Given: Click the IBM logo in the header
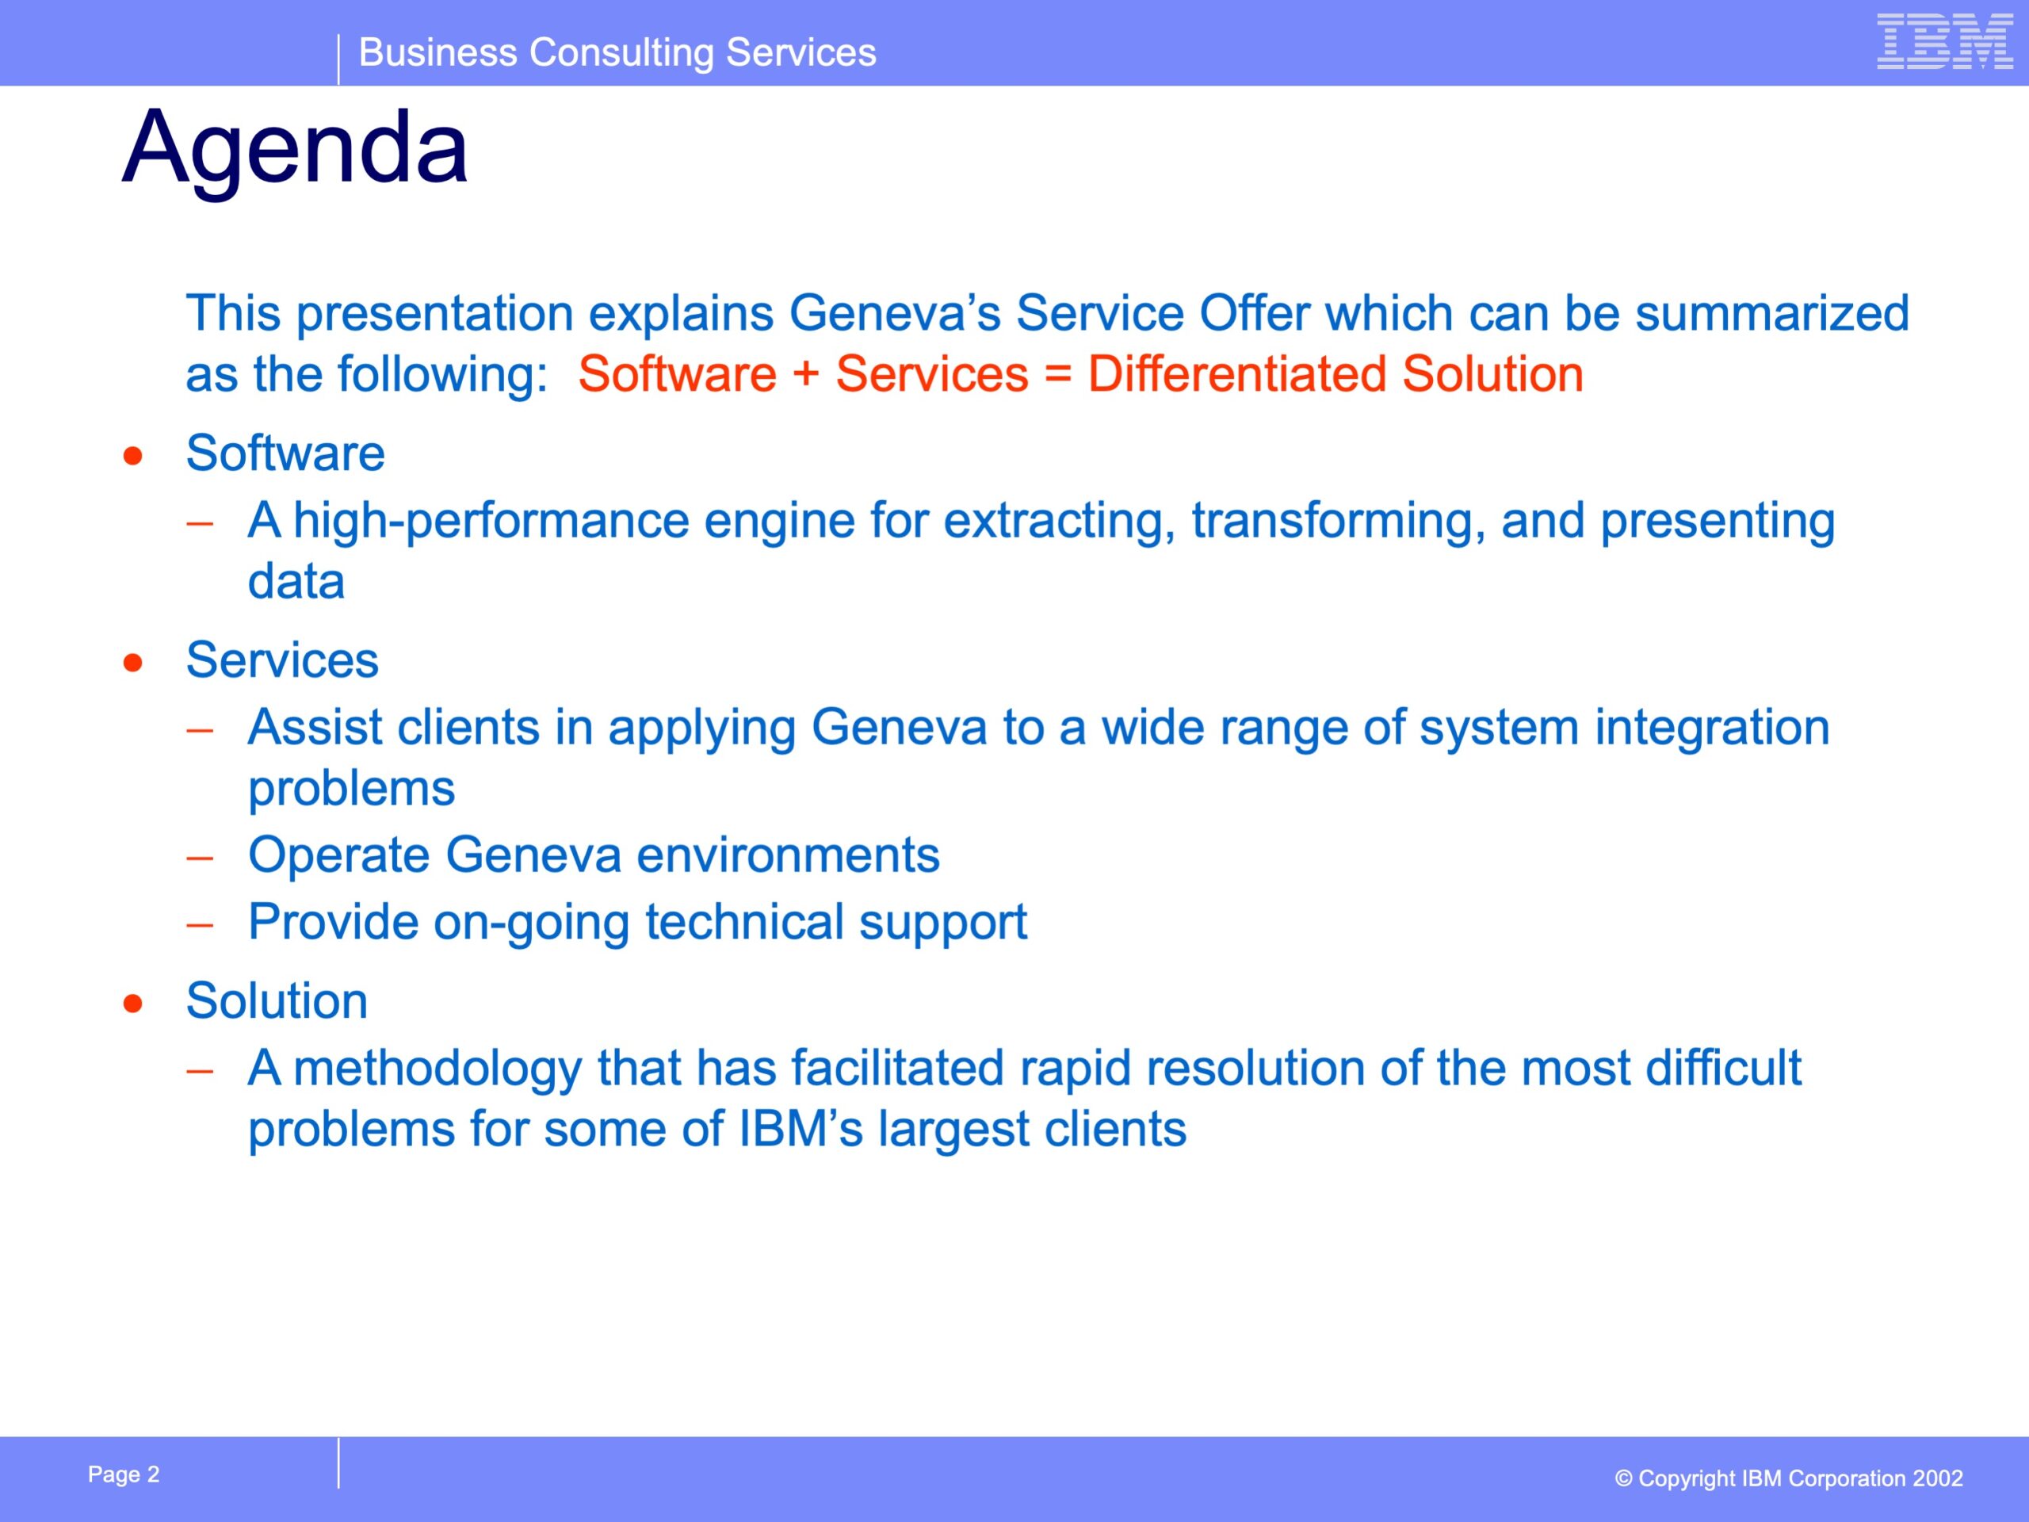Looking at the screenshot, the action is (1945, 41).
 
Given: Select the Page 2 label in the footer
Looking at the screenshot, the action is (124, 1474).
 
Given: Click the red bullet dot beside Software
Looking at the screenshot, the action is (133, 456).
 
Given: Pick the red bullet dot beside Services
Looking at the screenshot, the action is (133, 663).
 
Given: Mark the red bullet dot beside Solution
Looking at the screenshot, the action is (133, 1004).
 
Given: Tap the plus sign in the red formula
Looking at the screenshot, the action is (805, 375).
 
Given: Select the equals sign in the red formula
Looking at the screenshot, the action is (1057, 375).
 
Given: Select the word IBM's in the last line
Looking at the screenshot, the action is (801, 1130).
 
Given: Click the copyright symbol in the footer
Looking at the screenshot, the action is (1623, 1479).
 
